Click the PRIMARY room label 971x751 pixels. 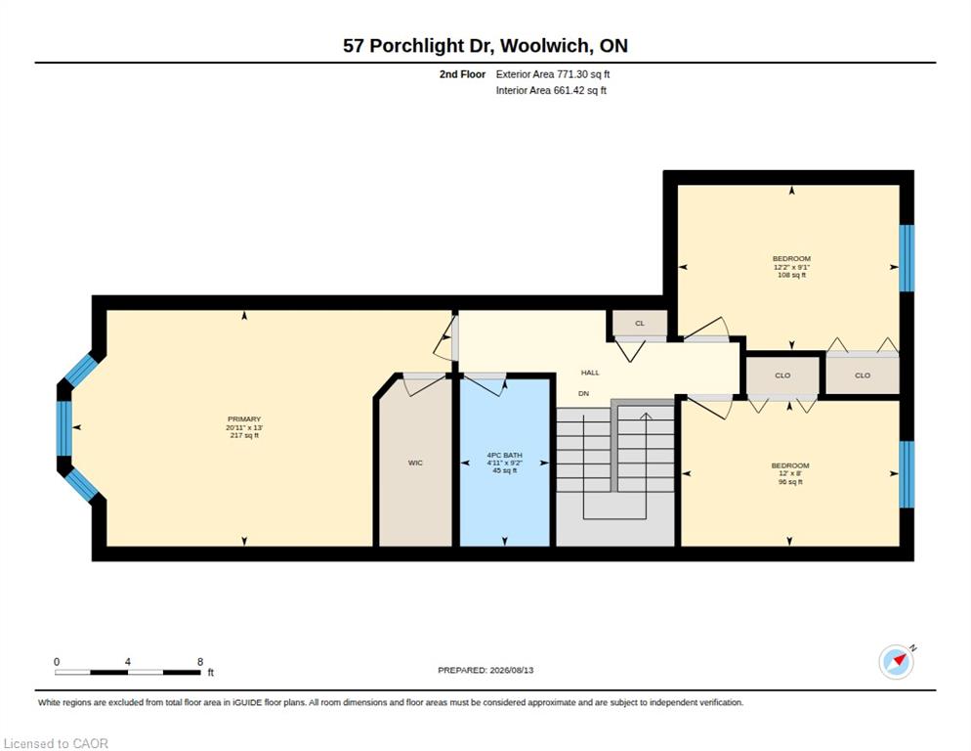[x=244, y=420]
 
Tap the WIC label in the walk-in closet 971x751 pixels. [x=415, y=463]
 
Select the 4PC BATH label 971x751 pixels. [x=504, y=455]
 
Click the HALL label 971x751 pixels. [x=590, y=373]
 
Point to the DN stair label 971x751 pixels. [x=583, y=393]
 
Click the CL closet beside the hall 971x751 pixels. [x=640, y=323]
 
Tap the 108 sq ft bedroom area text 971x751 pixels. [x=791, y=275]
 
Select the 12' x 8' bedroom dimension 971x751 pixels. [x=790, y=473]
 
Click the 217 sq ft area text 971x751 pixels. [x=244, y=435]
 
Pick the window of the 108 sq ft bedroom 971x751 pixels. [x=907, y=258]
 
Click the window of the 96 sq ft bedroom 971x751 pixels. [x=907, y=474]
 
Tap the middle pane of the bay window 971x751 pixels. [x=64, y=428]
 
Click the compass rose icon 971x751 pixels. [x=897, y=662]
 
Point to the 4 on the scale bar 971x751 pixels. [x=128, y=662]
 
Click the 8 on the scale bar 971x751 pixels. [x=200, y=662]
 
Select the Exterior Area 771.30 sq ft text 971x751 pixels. [x=552, y=74]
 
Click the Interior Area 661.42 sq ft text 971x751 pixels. [x=551, y=91]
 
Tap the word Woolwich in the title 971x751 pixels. [x=544, y=46]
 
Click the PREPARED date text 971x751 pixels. [x=485, y=671]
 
